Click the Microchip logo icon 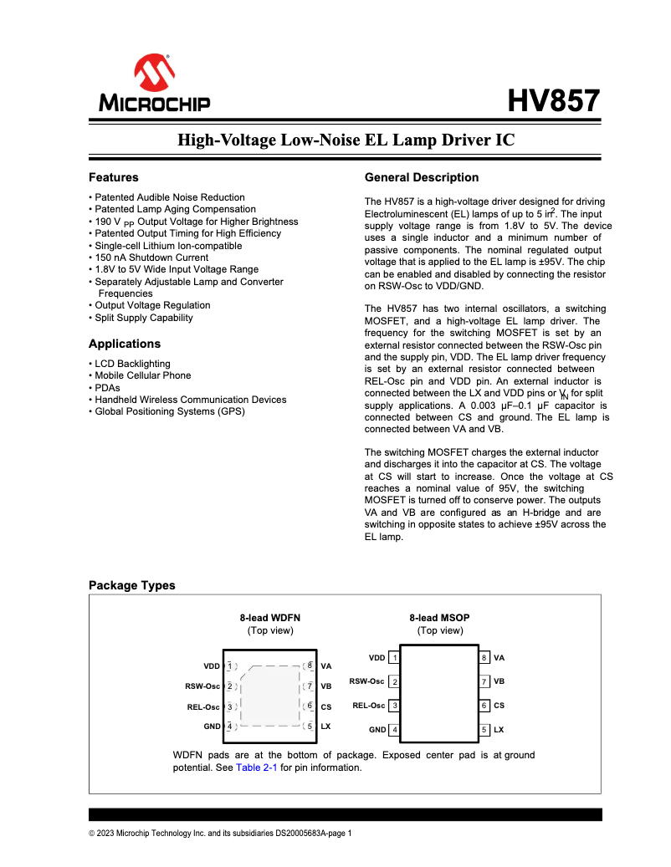154,74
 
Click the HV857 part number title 554,101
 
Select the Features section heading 114,177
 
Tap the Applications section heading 125,344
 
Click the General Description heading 422,177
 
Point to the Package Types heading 132,585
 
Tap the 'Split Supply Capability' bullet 143,318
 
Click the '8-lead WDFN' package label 270,618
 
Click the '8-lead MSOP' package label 439,618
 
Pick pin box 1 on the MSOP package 394,658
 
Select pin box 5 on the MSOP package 484,730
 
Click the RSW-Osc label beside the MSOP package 366,681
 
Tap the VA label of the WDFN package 326,666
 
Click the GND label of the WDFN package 212,727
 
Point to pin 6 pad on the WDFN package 310,706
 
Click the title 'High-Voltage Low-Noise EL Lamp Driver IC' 346,140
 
